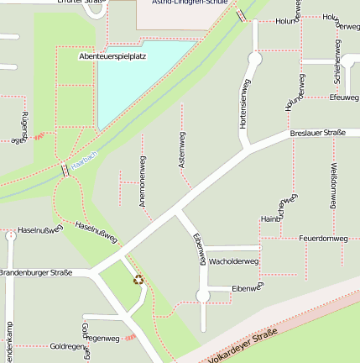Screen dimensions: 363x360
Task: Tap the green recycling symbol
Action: tap(138, 279)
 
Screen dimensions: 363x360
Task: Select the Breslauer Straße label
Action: tap(318, 134)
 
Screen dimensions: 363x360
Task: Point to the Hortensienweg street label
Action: tap(244, 105)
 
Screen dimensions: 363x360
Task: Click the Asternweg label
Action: tap(181, 150)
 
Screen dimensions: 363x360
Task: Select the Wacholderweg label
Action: tap(233, 262)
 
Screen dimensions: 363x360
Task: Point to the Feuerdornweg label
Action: tap(323, 239)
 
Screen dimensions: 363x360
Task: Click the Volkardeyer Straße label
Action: tap(243, 344)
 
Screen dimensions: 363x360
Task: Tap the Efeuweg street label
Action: tap(344, 97)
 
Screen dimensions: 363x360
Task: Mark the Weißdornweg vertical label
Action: tap(334, 185)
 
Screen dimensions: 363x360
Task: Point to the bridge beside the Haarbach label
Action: tap(65, 170)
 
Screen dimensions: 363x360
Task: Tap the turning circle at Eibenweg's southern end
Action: tap(202, 296)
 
